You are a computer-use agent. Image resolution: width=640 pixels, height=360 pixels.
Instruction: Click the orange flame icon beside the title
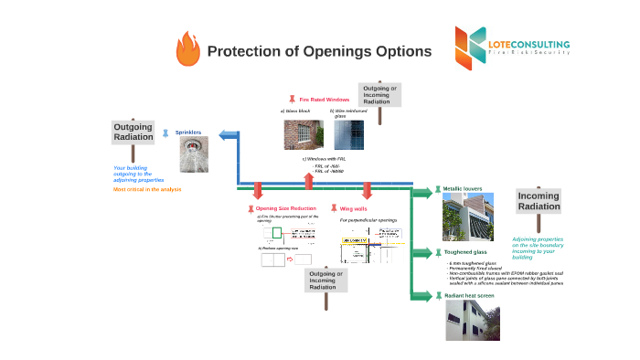(187, 49)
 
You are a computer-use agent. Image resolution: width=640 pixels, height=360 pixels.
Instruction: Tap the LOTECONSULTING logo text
(528, 44)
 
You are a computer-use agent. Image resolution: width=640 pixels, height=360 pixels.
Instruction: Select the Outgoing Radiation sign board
(133, 132)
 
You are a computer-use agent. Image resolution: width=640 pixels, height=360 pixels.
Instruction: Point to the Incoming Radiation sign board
(539, 201)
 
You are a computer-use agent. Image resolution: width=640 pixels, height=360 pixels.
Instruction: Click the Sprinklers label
(187, 132)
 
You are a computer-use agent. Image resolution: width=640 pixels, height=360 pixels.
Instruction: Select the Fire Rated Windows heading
(325, 99)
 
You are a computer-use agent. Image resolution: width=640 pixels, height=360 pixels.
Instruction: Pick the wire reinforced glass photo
(348, 135)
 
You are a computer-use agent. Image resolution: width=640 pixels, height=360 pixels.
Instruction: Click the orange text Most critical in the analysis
(147, 189)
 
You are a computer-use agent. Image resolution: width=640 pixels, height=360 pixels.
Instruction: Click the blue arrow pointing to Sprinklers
(228, 134)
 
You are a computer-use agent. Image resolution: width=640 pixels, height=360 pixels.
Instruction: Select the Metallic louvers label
(463, 189)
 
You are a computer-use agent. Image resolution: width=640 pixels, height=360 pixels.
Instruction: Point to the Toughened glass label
(465, 251)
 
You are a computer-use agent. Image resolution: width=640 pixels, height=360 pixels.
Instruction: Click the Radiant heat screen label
(470, 295)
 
